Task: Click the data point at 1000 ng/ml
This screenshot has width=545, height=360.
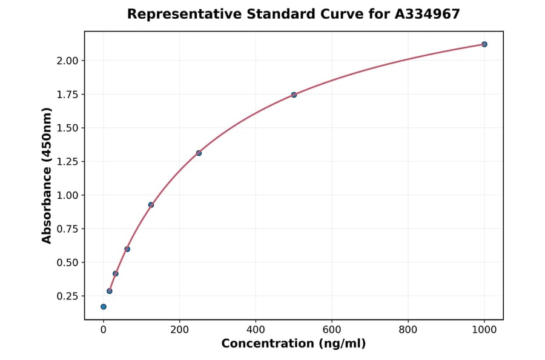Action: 484,44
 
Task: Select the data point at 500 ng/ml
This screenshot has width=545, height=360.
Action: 294,95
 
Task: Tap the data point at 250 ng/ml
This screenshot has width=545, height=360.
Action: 199,153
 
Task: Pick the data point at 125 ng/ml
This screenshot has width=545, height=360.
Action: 151,205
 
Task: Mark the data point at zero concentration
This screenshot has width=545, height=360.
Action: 104,307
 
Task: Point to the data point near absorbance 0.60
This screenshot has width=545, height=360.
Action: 127,249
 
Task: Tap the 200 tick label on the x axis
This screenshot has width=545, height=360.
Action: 180,330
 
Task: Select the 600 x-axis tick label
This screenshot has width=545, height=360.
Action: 332,330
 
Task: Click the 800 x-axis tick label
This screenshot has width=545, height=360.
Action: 408,330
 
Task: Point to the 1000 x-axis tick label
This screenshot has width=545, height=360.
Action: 484,330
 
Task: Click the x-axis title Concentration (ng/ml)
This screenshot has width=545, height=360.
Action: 294,344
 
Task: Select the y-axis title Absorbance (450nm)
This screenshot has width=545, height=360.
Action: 47,175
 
